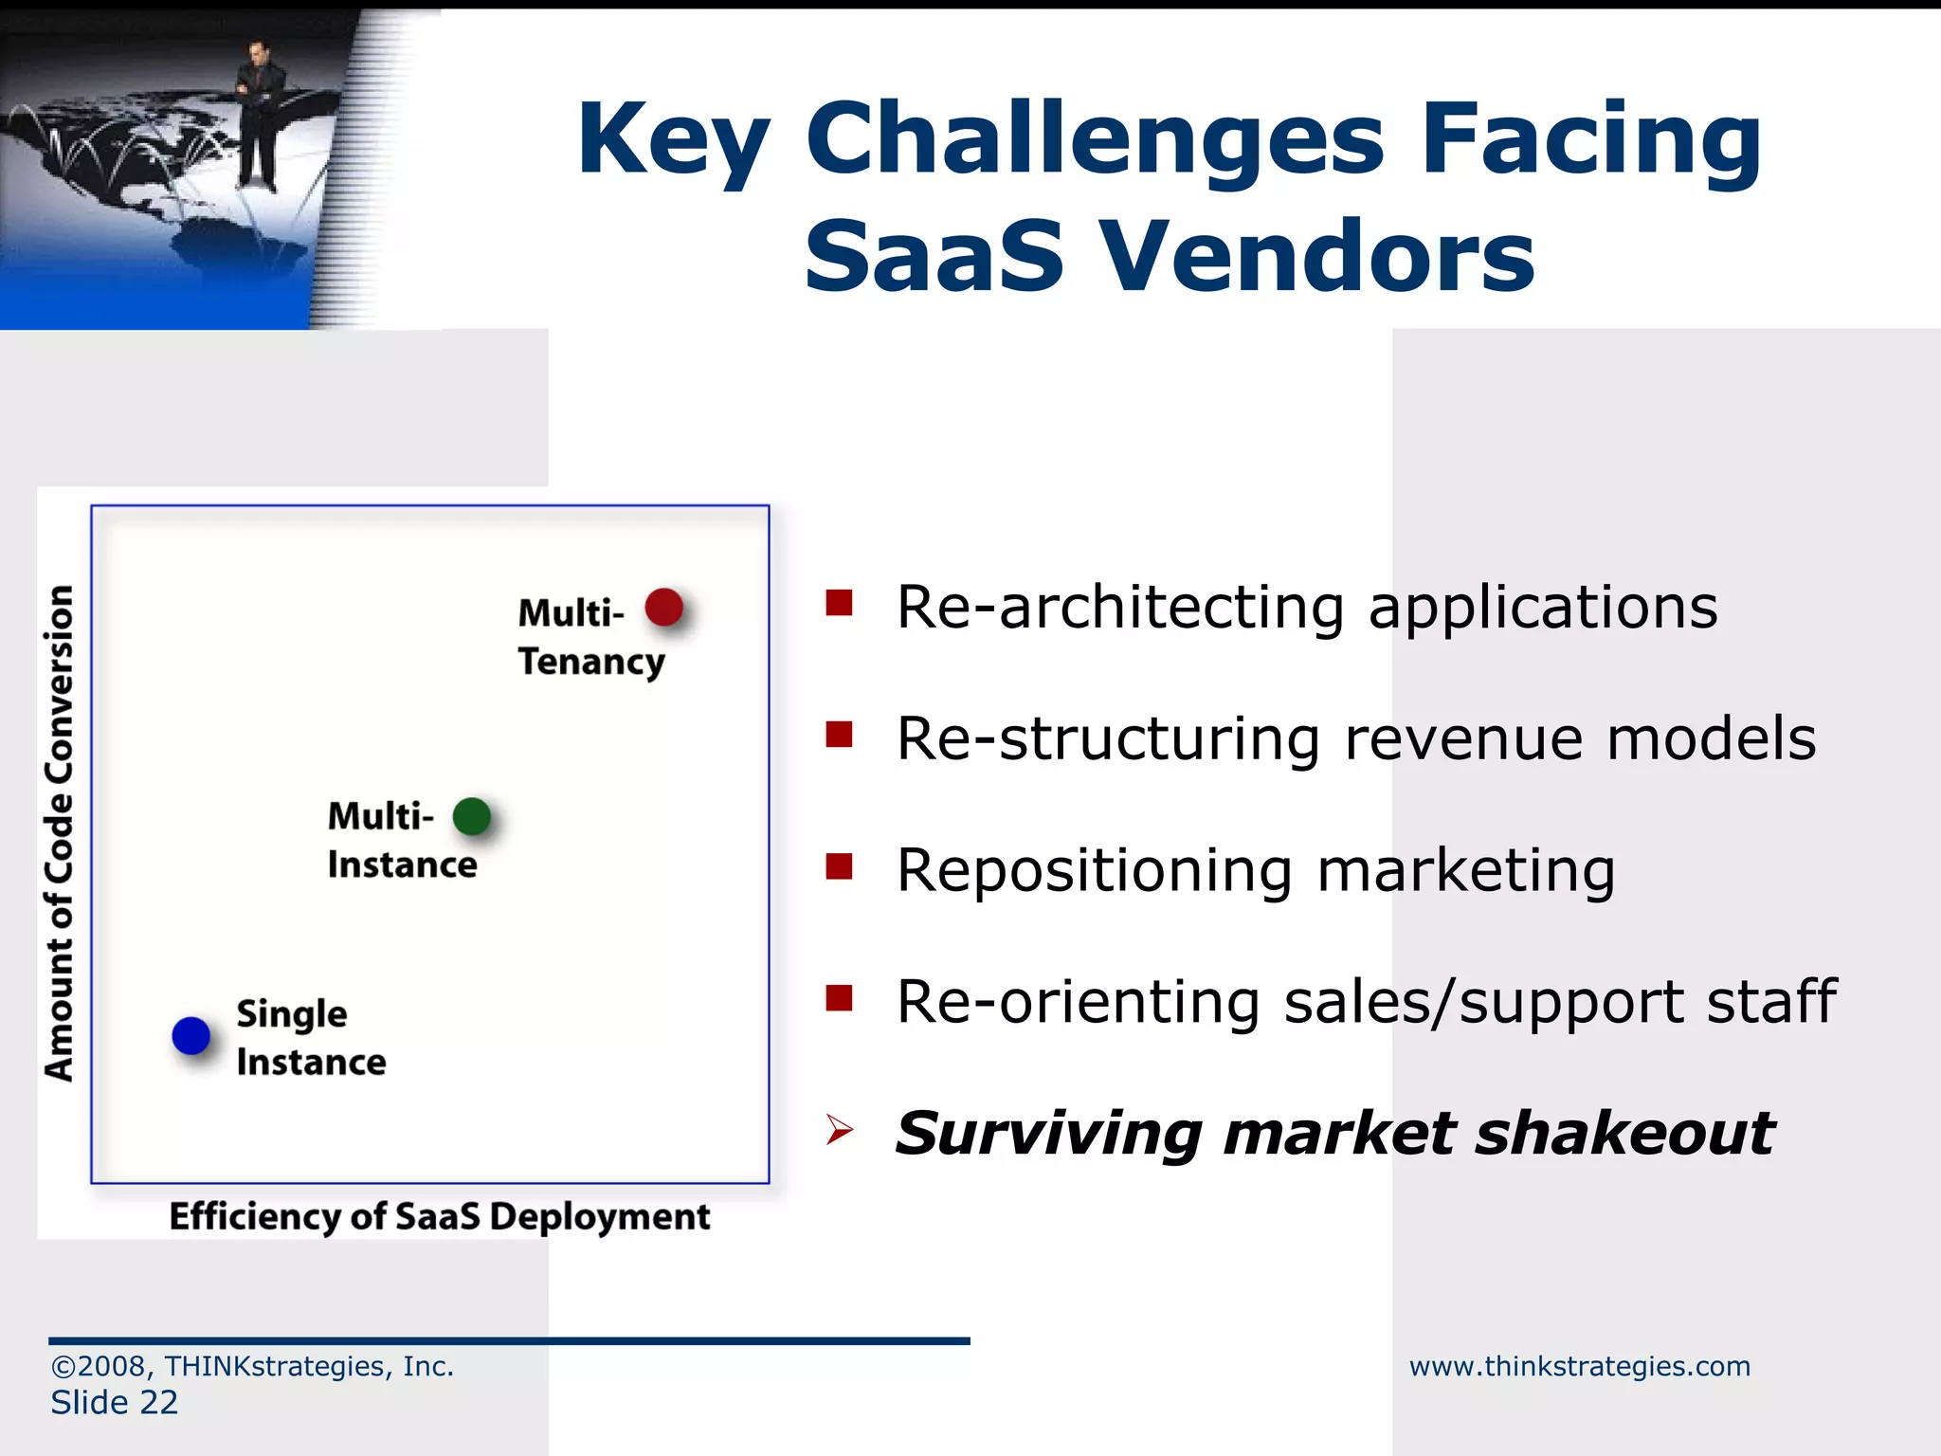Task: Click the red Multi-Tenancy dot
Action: (x=663, y=608)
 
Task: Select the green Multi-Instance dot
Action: (x=472, y=816)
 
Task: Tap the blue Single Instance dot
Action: (x=190, y=1035)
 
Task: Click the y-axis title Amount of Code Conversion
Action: (x=59, y=832)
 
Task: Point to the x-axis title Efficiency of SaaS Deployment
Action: (x=439, y=1216)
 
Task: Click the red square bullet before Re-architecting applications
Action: (x=839, y=603)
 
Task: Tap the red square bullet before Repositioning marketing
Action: (x=839, y=866)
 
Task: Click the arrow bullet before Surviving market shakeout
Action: (x=839, y=1130)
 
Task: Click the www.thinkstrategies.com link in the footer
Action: (x=1579, y=1366)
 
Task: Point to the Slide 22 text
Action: (x=115, y=1402)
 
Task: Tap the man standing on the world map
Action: (x=257, y=114)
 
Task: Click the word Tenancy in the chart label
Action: (x=591, y=662)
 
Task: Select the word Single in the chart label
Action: (x=292, y=1014)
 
